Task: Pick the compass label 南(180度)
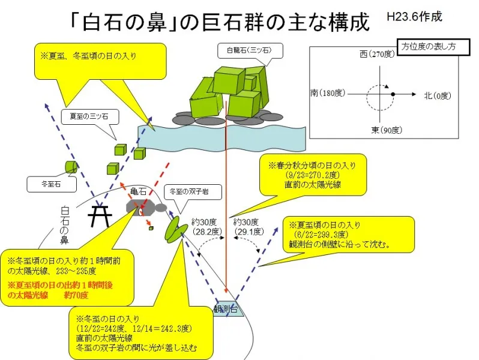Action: (326, 94)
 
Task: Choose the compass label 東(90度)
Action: (383, 131)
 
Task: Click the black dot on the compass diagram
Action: (393, 95)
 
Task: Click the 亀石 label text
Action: (138, 192)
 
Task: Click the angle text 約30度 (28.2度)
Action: (206, 226)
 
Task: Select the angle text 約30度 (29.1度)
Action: (247, 226)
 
